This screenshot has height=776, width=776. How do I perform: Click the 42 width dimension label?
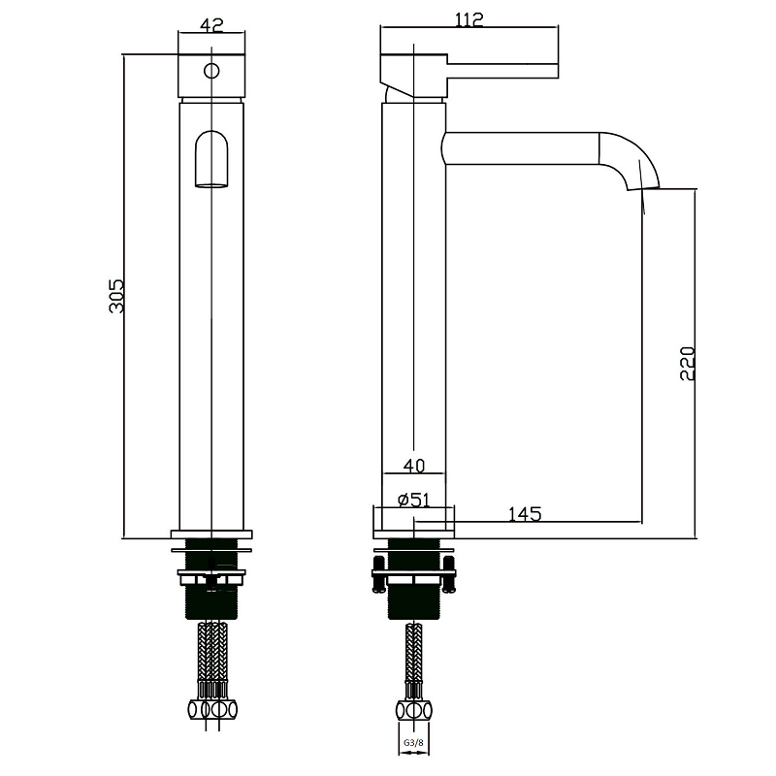point(211,25)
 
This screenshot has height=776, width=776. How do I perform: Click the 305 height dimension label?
point(116,296)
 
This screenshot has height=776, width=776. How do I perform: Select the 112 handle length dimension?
point(469,19)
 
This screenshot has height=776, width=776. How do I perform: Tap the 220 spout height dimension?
point(688,363)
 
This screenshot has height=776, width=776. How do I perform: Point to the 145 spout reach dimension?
point(525,514)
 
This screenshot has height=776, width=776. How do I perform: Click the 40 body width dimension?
point(414,466)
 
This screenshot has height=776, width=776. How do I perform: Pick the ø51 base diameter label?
point(414,500)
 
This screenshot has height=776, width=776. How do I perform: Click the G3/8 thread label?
point(413,743)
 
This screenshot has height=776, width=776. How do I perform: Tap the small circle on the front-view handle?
point(211,71)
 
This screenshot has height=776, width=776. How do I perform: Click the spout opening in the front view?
point(211,159)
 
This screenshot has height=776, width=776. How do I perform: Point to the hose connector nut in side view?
point(414,711)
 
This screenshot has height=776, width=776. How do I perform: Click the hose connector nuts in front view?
point(212,710)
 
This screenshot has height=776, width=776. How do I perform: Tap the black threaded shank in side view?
point(414,579)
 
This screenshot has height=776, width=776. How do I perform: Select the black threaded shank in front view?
point(211,579)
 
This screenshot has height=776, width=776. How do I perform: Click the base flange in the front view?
point(211,534)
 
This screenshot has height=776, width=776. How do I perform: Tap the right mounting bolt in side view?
point(449,574)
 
